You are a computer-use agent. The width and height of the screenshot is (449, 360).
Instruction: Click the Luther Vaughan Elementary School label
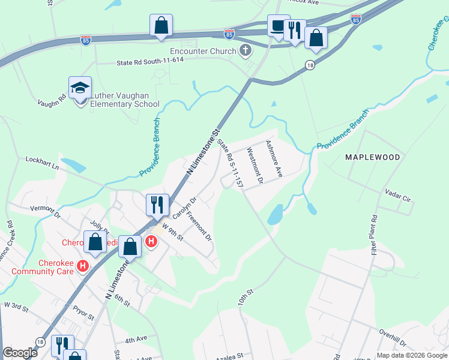point(124,99)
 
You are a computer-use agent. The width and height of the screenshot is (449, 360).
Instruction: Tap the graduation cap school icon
point(80,88)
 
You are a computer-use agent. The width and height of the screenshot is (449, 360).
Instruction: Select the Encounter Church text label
point(203,51)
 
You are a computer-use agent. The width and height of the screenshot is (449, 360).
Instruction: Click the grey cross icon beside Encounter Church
point(245,50)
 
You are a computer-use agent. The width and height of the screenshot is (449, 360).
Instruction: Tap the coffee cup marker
point(278,26)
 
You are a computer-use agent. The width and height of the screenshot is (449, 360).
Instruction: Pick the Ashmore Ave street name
point(274,158)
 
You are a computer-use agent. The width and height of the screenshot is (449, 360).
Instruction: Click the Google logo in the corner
point(20,353)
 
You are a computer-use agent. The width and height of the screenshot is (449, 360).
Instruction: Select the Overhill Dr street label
point(393,338)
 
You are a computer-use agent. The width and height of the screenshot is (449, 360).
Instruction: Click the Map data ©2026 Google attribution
point(411,355)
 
